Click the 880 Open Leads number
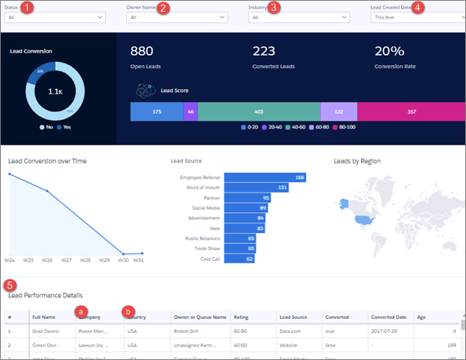point(142,51)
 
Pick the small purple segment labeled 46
point(191,111)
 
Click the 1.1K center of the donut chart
point(56,91)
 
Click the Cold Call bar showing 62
point(239,259)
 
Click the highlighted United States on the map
point(363,220)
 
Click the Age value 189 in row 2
point(451,345)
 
